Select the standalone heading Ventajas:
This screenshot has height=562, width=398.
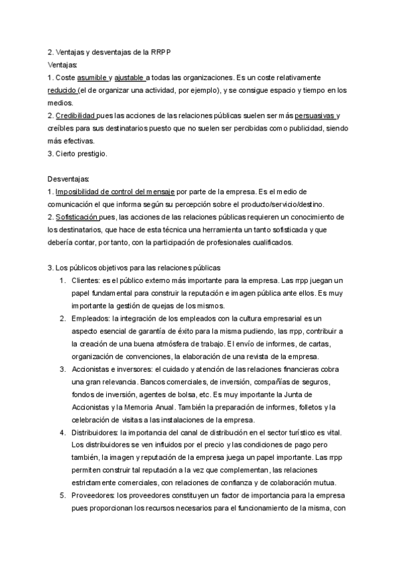(63, 65)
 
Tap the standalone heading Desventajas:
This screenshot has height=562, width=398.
(69, 180)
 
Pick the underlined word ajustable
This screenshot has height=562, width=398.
(131, 78)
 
